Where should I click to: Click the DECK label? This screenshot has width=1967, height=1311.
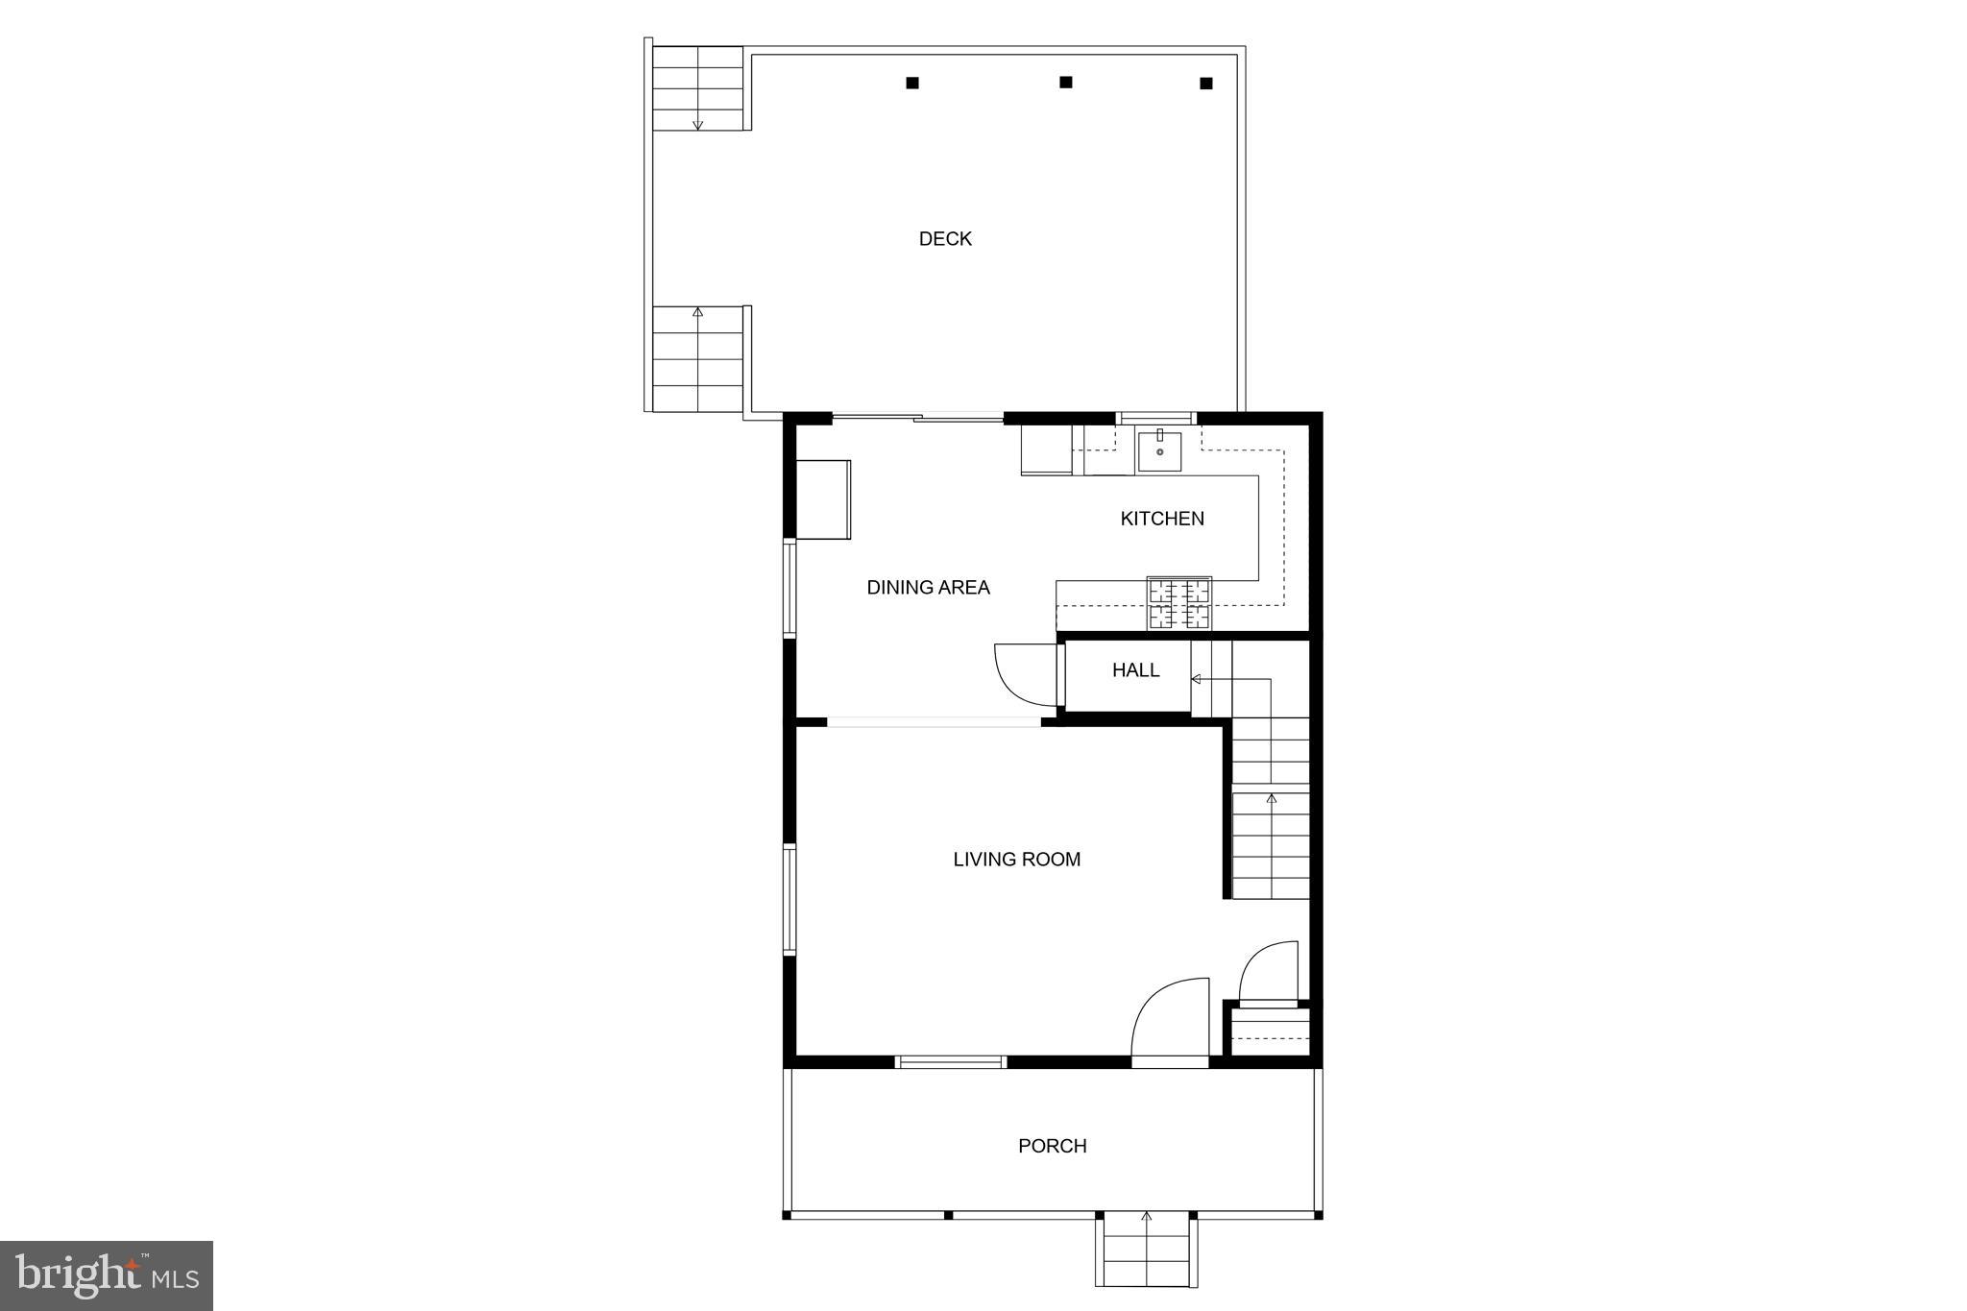click(x=945, y=239)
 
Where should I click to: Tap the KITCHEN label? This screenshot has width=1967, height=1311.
click(x=1161, y=519)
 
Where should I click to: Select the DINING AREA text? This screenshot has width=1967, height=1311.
click(x=928, y=588)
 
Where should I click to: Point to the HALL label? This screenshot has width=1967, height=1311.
click(x=1135, y=670)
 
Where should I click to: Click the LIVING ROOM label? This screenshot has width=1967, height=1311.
click(x=1016, y=860)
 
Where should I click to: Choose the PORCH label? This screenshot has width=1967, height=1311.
click(x=1052, y=1146)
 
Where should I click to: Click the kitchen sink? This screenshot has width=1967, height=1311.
click(x=1159, y=451)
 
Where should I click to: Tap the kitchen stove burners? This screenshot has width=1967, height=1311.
click(x=1179, y=604)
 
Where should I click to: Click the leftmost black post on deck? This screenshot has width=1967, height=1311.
click(x=912, y=84)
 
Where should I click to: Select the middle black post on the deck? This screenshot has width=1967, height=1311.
click(x=1065, y=83)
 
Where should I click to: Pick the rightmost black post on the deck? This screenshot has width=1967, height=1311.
click(x=1206, y=84)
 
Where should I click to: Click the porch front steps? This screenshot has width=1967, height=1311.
click(x=1146, y=1250)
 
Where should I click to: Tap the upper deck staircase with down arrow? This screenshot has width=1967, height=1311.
click(x=698, y=88)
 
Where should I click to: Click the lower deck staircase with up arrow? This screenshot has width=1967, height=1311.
click(x=698, y=357)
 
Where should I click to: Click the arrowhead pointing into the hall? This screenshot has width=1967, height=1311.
click(x=1197, y=679)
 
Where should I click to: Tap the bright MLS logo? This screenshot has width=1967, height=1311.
click(x=107, y=1275)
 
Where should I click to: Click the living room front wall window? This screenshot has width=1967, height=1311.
click(x=950, y=1061)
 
